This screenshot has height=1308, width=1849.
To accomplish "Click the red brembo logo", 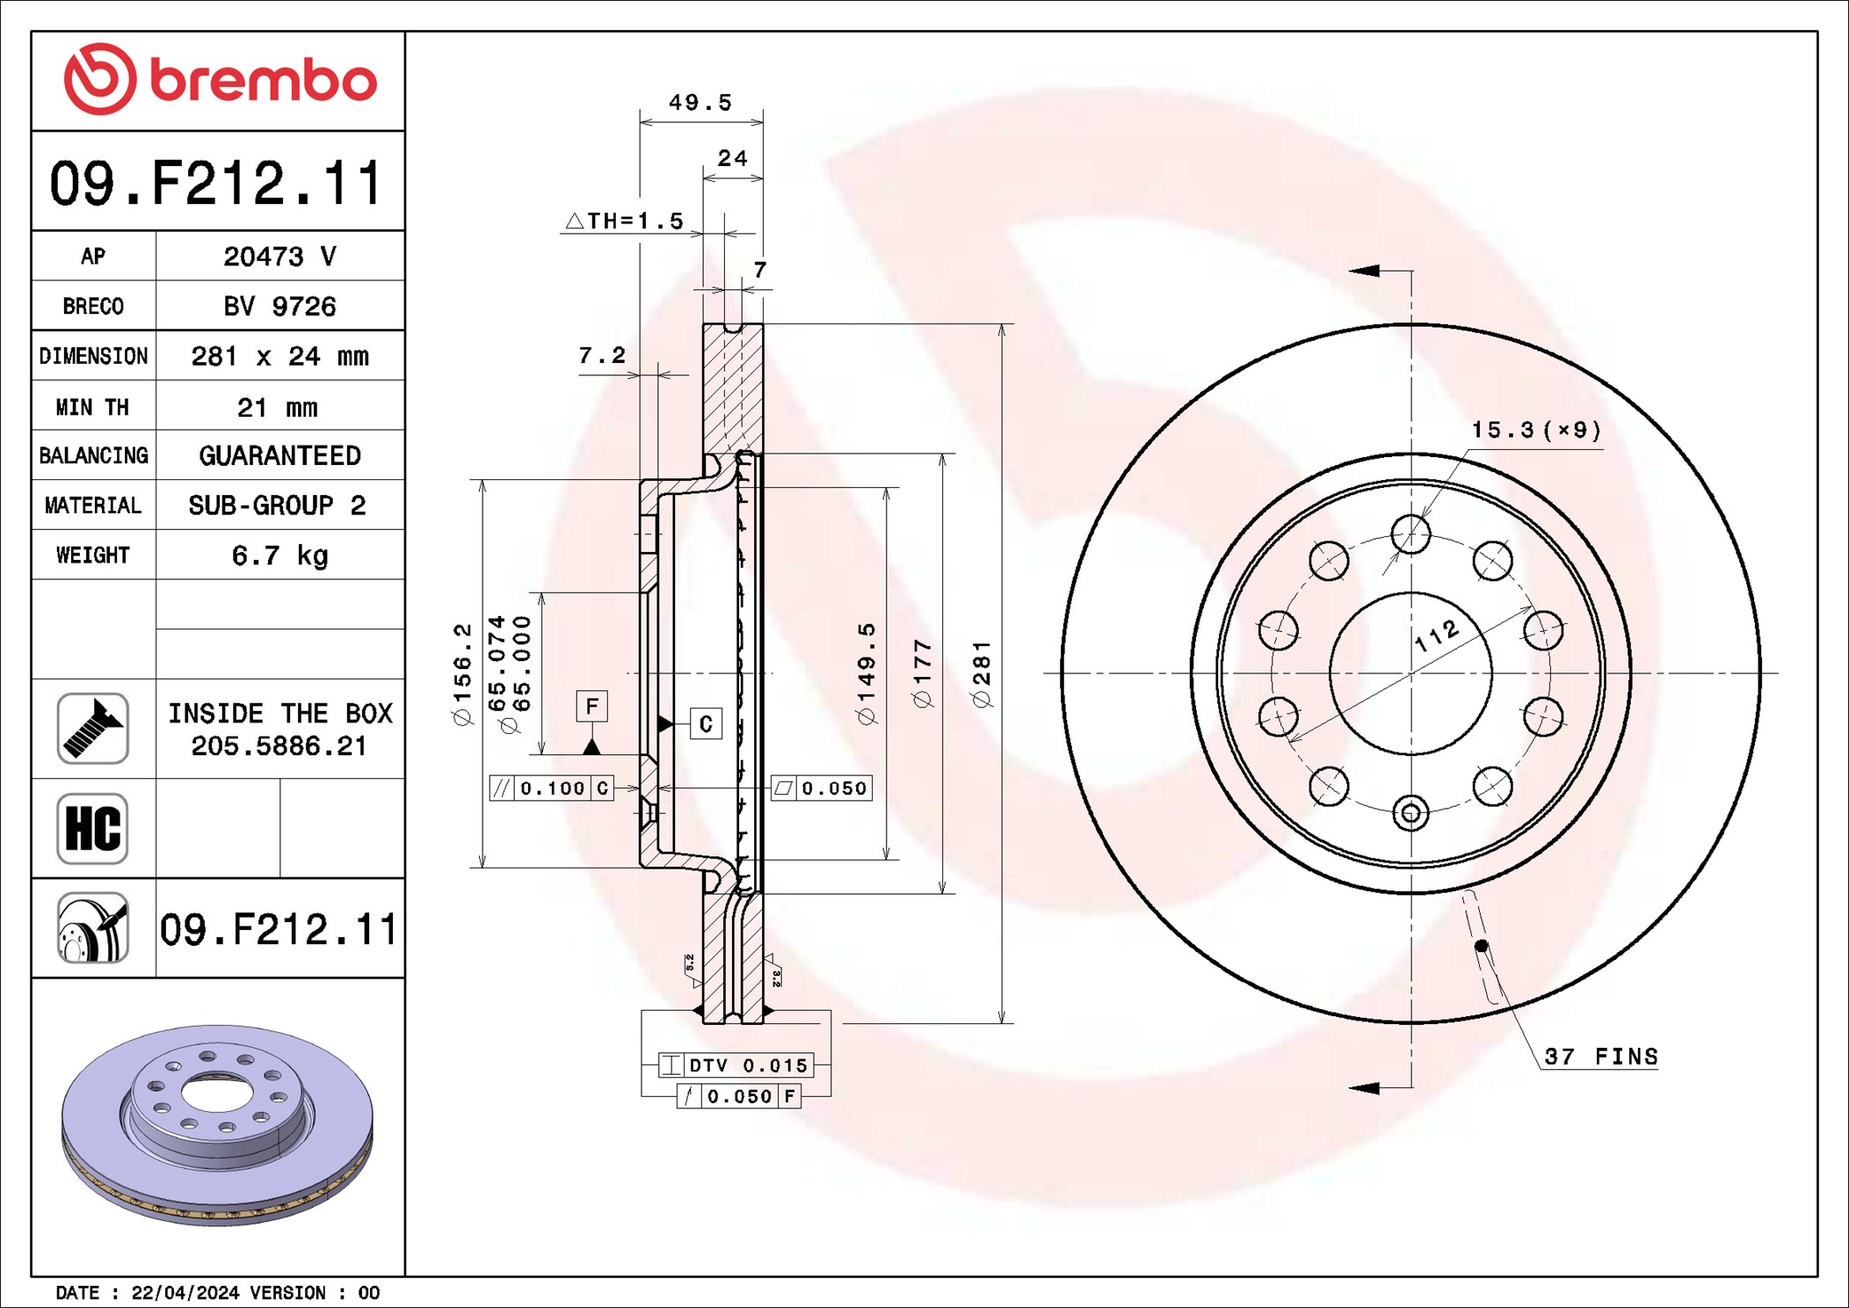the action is click(220, 79).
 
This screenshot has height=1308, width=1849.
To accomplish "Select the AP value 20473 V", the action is click(279, 257).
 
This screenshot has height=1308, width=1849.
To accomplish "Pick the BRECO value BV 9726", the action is click(279, 306).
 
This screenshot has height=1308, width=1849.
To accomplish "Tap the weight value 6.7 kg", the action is click(279, 556).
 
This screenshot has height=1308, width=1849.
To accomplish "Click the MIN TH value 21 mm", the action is click(278, 407).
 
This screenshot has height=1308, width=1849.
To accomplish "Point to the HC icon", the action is click(92, 828).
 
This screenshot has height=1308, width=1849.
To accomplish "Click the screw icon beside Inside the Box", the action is click(92, 728).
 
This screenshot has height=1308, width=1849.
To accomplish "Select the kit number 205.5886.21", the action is click(279, 746).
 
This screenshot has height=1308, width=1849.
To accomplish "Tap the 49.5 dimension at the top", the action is click(700, 103).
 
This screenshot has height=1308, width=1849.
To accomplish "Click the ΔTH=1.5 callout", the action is click(625, 221).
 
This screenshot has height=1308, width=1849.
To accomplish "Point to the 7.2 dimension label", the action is click(602, 355).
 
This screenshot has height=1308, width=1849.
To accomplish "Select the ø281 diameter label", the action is click(982, 674).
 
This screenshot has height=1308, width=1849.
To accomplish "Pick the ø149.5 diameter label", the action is click(866, 673).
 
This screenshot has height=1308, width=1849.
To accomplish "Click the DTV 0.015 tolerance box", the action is click(736, 1065).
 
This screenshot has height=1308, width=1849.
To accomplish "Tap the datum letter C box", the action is click(706, 724).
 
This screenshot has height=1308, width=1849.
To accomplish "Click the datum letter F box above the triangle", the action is click(592, 706).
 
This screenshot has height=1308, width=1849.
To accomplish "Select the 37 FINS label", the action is click(1601, 1057).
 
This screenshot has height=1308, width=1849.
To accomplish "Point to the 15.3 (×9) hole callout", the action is click(1536, 430).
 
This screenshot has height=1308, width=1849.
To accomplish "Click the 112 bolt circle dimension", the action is click(1437, 636).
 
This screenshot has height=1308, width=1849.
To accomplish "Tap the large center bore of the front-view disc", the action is click(1410, 674).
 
